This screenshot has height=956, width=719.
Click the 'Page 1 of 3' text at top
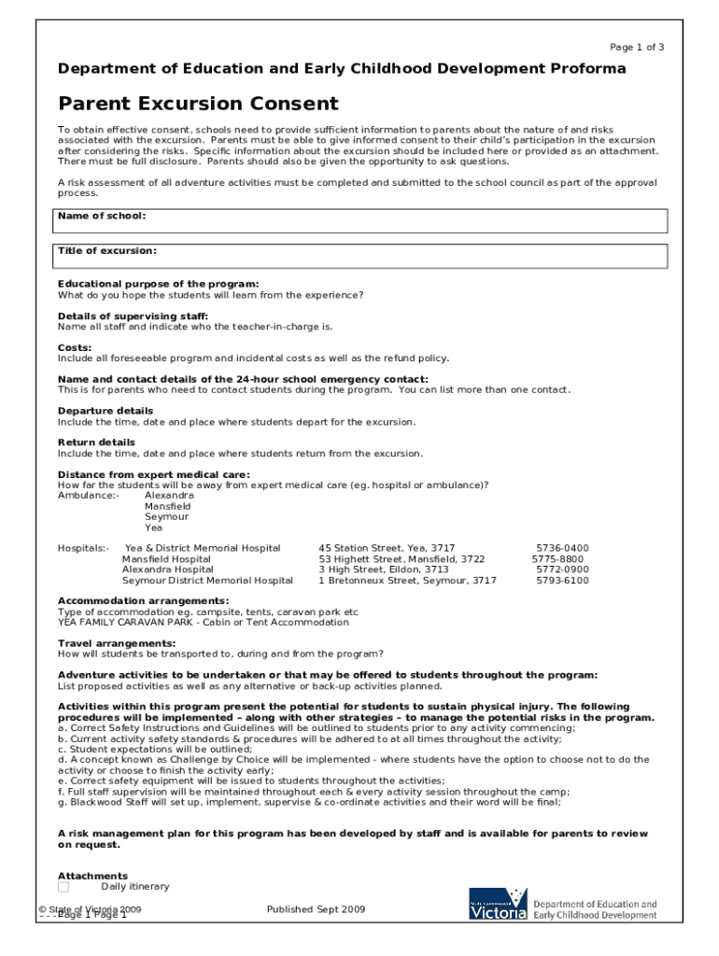point(636,48)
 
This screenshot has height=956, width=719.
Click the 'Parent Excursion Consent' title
point(198,104)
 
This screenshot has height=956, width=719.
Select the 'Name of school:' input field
point(362,221)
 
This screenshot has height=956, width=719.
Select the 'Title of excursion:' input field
point(362,256)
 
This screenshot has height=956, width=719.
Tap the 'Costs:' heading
point(75,347)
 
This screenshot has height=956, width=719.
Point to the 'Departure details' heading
point(106,411)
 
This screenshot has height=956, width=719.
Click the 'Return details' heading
point(96,443)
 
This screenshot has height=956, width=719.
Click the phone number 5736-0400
point(561,549)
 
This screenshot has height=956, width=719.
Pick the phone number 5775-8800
point(558,559)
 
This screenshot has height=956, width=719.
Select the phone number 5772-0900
point(561,569)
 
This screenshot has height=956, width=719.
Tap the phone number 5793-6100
point(561,581)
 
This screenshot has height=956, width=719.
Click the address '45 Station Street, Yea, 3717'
point(387,549)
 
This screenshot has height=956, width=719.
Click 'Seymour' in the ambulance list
point(166,516)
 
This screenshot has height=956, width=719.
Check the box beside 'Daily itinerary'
point(63,887)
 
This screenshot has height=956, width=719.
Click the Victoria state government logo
point(498,905)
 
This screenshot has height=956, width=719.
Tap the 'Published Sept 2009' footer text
point(316,909)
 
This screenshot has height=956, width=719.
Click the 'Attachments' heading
point(92,876)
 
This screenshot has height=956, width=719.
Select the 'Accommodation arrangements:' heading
point(143,601)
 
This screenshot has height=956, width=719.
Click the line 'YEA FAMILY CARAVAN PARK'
point(203,623)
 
